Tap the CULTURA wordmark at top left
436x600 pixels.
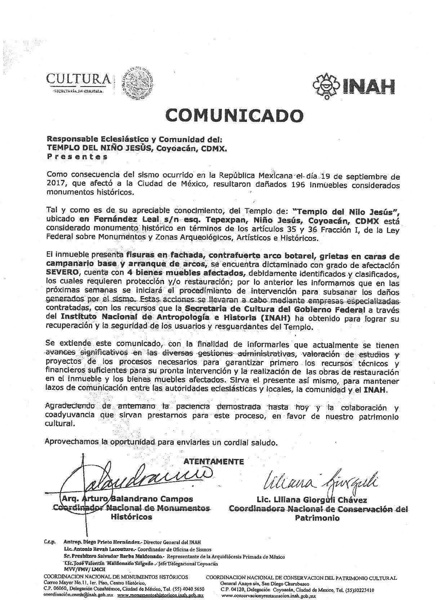pyautogui.click(x=79, y=79)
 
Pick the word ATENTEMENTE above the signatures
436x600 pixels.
pyautogui.click(x=214, y=462)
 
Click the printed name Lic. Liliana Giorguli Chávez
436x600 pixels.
pyautogui.click(x=312, y=500)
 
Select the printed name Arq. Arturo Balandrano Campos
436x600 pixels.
pyautogui.click(x=127, y=499)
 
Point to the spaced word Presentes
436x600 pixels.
pyautogui.click(x=77, y=156)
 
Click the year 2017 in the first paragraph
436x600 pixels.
pyautogui.click(x=55, y=185)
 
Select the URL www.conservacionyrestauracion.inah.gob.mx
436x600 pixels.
pyautogui.click(x=268, y=596)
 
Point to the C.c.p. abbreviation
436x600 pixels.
pyautogui.click(x=48, y=542)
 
